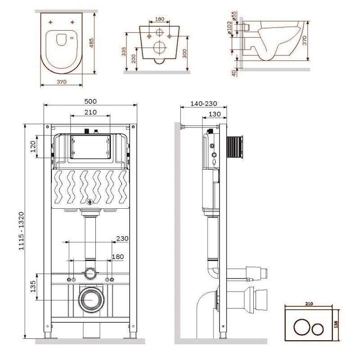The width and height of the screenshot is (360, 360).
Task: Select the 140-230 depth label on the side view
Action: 203,103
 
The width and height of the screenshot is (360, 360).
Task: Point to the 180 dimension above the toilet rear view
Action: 159,20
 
